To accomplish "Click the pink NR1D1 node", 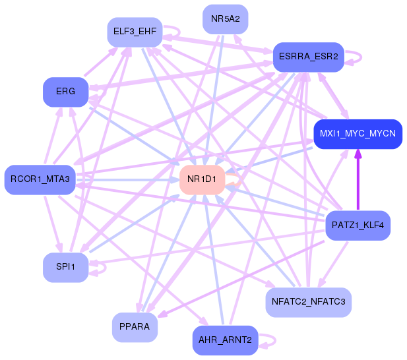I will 202,179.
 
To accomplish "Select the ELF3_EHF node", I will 135,32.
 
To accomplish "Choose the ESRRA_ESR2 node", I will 308,57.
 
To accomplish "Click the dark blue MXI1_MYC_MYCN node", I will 358,133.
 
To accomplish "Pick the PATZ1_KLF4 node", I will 358,225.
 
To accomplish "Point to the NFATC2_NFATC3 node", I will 309,303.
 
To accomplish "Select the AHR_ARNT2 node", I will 225,340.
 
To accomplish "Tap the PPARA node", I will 135,327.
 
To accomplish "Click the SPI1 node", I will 66,267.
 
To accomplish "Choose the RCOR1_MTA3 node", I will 40,179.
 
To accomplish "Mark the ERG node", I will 65,91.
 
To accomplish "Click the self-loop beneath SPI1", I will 99,267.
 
